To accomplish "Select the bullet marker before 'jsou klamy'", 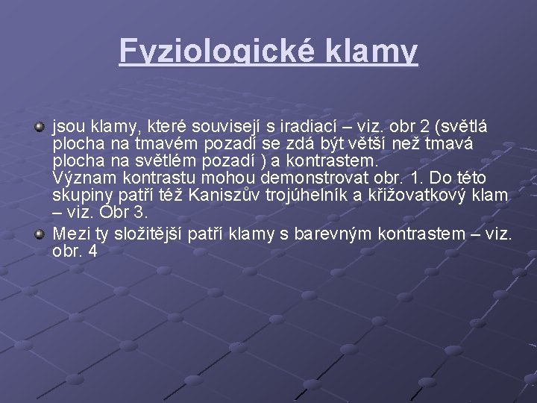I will click(41, 126).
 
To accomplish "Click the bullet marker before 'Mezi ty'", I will click(41, 234).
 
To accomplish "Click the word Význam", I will click(80, 179).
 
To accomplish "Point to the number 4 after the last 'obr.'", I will click(92, 252).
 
